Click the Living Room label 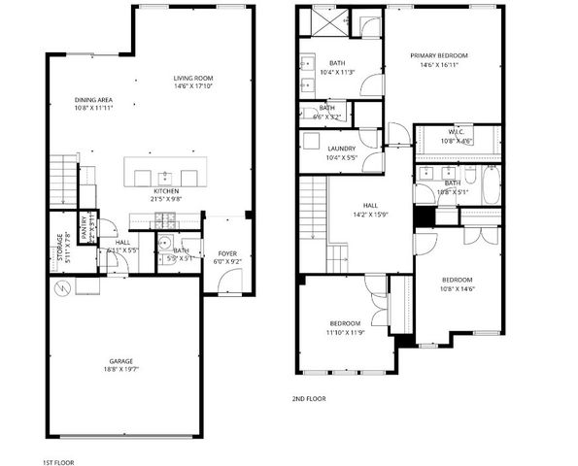193,79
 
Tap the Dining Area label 93,100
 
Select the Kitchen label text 167,192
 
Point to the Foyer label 226,254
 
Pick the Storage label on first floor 60,248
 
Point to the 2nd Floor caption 309,399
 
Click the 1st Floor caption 58,462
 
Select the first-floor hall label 122,243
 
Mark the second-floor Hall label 370,206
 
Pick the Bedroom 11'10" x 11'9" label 345,323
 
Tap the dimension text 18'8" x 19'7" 120,370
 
